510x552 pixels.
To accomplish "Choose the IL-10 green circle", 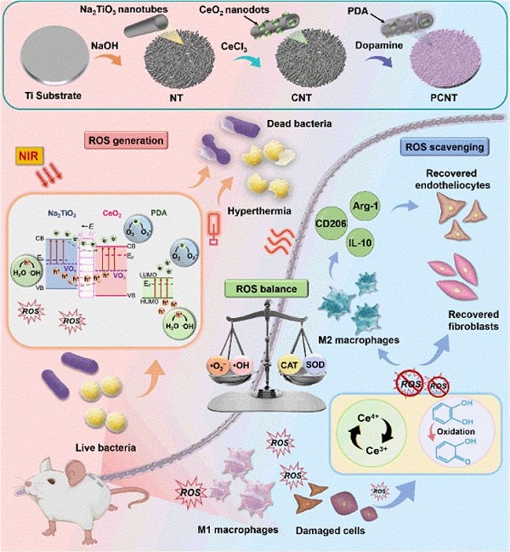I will coord(364,248).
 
